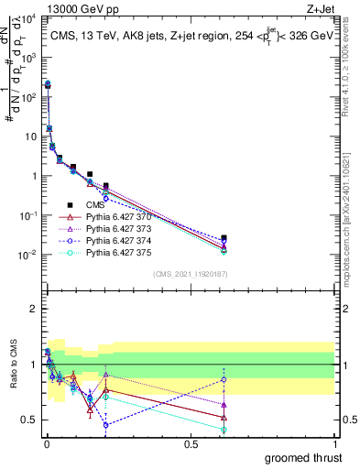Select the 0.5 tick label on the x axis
pyautogui.click(x=190, y=444)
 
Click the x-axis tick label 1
pyautogui.click(x=334, y=444)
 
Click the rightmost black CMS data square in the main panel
pyautogui.click(x=224, y=238)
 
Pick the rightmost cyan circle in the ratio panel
pyautogui.click(x=224, y=429)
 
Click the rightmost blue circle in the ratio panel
pyautogui.click(x=224, y=378)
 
